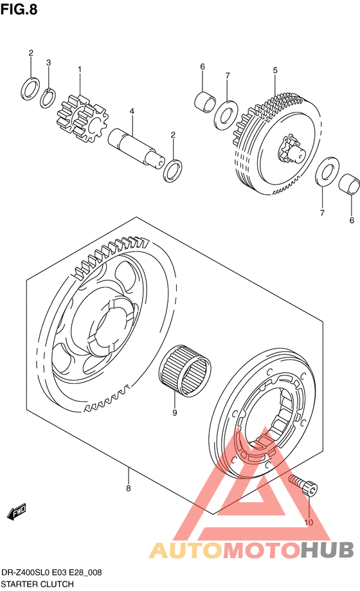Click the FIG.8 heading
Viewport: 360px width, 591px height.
(x=19, y=9)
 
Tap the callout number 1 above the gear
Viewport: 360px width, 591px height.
(x=80, y=69)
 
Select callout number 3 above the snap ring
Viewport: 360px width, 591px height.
(x=48, y=62)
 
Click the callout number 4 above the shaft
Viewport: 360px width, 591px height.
(x=132, y=111)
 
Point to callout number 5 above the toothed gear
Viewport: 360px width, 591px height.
(x=275, y=71)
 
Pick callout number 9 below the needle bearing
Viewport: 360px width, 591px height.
(x=174, y=413)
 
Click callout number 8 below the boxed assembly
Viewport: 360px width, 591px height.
(x=129, y=489)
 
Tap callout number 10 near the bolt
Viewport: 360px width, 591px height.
(x=309, y=522)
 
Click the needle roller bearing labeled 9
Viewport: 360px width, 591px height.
(x=184, y=367)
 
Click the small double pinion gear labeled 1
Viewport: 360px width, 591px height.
(x=82, y=120)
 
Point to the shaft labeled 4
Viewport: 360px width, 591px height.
(x=136, y=147)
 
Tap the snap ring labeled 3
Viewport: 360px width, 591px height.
(x=48, y=98)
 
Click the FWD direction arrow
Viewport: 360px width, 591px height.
(x=17, y=511)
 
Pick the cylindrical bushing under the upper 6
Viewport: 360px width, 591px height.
(x=205, y=102)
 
